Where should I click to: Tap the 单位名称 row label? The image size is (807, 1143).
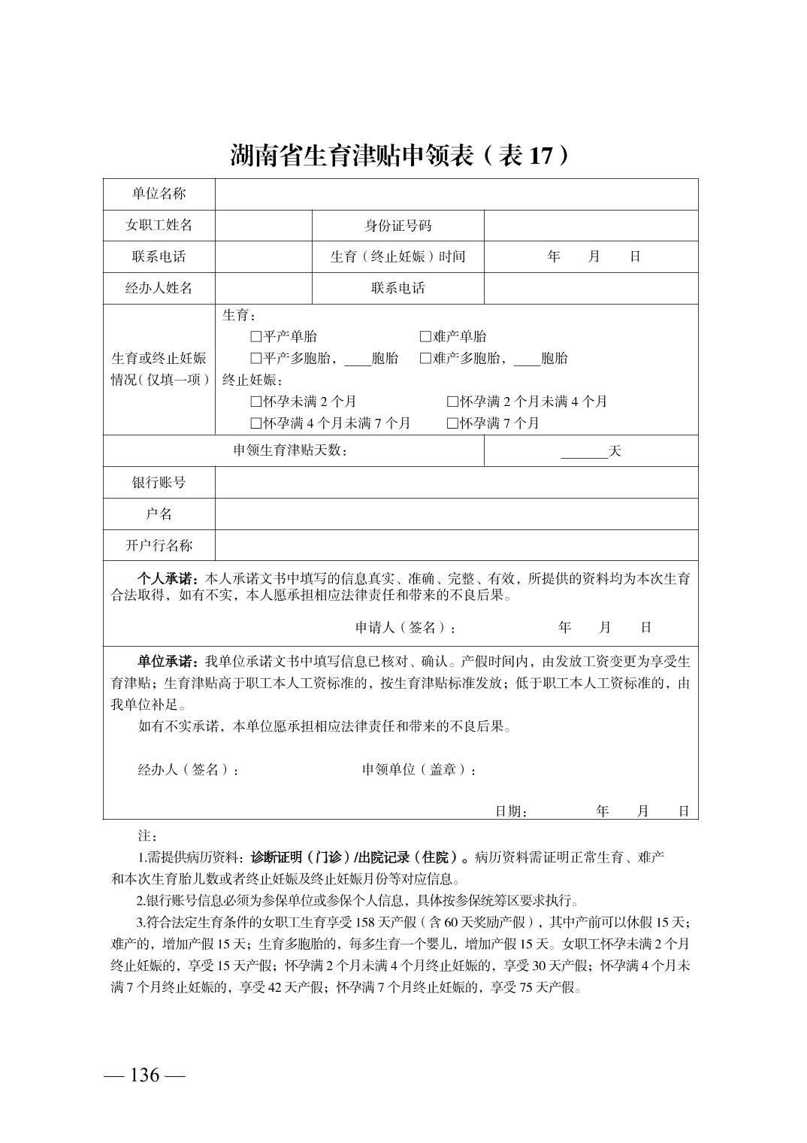click(x=159, y=194)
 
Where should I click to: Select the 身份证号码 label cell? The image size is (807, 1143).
click(x=397, y=226)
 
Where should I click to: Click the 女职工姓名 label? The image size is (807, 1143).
click(x=159, y=226)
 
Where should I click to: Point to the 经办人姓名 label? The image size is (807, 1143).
click(x=159, y=288)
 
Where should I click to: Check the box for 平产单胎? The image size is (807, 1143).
click(x=256, y=337)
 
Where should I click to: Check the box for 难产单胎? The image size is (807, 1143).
click(x=425, y=337)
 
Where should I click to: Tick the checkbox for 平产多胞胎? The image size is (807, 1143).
click(x=256, y=359)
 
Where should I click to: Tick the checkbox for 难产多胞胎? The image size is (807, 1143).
click(x=425, y=359)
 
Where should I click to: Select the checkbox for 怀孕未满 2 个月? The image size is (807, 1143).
click(x=256, y=402)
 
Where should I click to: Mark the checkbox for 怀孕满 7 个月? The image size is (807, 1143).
click(x=452, y=423)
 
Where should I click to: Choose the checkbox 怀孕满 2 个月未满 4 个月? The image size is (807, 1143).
click(x=452, y=402)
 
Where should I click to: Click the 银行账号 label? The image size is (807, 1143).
click(x=159, y=483)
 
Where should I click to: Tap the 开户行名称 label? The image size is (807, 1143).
click(x=159, y=546)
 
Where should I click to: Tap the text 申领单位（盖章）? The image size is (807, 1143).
click(x=419, y=770)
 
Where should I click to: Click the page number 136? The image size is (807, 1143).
click(x=144, y=1075)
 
